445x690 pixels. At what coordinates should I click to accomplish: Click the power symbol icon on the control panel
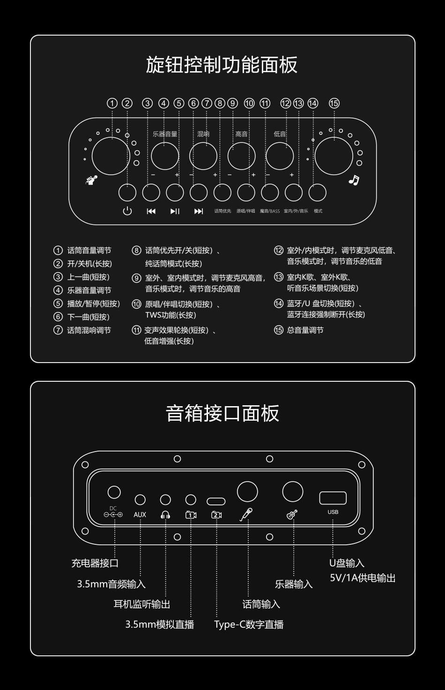click(x=127, y=211)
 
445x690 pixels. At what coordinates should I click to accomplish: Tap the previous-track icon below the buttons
click(x=151, y=211)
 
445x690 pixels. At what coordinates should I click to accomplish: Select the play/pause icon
click(x=175, y=211)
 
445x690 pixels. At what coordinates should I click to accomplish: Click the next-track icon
click(x=199, y=211)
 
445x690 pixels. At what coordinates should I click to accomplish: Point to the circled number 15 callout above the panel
click(x=334, y=103)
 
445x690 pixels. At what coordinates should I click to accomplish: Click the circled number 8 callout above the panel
click(x=220, y=103)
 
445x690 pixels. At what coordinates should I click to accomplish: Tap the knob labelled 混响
click(x=203, y=156)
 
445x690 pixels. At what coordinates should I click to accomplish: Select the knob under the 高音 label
click(x=241, y=156)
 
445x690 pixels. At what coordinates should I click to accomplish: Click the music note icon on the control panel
click(x=354, y=180)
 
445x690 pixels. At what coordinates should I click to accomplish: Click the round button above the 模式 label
click(x=317, y=193)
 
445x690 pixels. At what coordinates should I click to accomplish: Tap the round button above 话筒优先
click(x=222, y=193)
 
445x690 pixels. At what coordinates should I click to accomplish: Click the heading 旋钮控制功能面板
click(x=222, y=65)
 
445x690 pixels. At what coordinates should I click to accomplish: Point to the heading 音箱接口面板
click(x=222, y=413)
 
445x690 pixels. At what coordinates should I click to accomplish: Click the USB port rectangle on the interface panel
click(x=333, y=498)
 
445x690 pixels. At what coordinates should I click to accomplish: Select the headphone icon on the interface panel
click(x=165, y=515)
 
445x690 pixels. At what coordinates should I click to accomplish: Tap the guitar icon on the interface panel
click(x=292, y=514)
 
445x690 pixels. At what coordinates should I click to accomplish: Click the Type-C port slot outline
click(x=216, y=502)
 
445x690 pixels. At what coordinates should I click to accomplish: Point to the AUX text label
click(x=140, y=515)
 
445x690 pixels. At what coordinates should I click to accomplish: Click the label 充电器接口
click(x=95, y=563)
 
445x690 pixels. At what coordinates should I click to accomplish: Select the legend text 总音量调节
click(x=305, y=330)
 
